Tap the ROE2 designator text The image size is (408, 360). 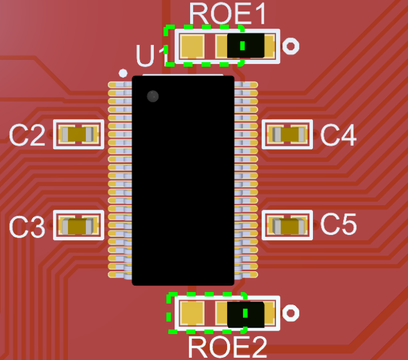[228, 347]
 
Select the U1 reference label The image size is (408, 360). [152, 57]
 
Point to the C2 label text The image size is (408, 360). [27, 136]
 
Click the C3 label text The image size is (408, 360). [27, 228]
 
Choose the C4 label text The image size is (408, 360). [338, 136]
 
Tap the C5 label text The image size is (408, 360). [338, 225]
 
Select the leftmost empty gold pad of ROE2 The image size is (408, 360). [191, 314]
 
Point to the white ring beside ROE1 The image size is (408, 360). [292, 46]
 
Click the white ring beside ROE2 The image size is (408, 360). [292, 313]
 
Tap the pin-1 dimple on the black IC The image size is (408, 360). [153, 96]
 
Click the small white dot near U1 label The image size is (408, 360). [122, 73]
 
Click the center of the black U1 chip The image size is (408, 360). [183, 180]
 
